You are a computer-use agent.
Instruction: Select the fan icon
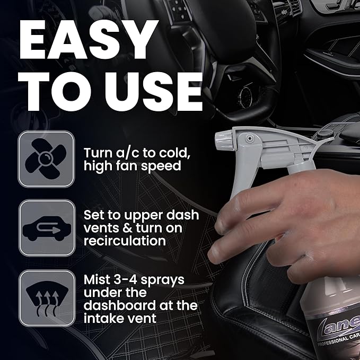pos(46,159)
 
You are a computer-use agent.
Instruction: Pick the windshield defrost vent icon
pos(46,297)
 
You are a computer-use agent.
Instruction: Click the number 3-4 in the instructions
pos(129,279)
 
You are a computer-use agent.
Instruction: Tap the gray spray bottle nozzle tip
pos(220,141)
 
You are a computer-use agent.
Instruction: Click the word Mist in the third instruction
pos(99,279)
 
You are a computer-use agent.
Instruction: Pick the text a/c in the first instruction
pos(127,153)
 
